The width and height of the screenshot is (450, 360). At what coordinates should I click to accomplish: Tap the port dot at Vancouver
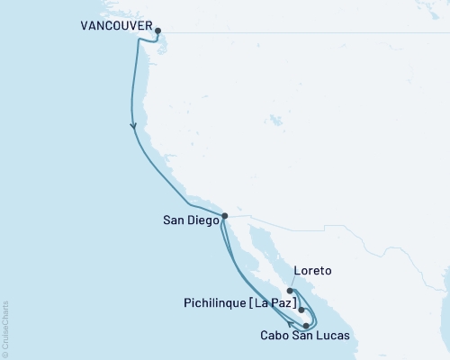[158, 31]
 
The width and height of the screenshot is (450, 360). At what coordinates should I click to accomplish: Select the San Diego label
[190, 217]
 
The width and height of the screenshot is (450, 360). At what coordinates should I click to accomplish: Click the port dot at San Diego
[225, 215]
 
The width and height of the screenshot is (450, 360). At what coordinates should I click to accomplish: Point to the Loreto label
[312, 270]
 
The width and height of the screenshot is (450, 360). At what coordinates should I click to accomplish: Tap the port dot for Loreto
[290, 291]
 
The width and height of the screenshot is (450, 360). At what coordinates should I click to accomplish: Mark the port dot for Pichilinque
[301, 310]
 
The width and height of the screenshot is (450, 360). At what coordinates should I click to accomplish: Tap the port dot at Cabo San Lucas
[307, 325]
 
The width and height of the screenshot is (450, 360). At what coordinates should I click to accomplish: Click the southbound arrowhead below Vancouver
[134, 126]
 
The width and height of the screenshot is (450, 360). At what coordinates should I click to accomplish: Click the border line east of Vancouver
[270, 33]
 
